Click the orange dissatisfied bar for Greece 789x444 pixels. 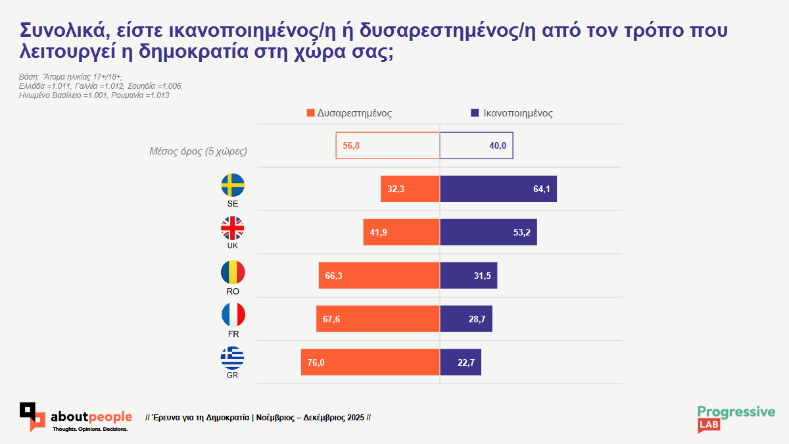tap(370, 362)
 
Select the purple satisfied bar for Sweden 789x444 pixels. tap(498, 189)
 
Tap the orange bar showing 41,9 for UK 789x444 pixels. tap(401, 232)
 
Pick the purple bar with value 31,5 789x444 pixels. tap(468, 276)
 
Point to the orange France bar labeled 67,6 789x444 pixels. tap(377, 319)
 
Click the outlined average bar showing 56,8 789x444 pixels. tap(387, 145)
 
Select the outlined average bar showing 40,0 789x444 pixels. tap(476, 145)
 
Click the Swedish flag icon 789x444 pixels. tap(233, 185)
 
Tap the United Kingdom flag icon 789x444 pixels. tap(233, 228)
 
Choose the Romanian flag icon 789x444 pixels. tap(233, 272)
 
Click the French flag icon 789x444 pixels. tap(233, 314)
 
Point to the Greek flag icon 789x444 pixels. tap(233, 358)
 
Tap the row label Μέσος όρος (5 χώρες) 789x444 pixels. tap(199, 151)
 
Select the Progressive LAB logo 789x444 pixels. tap(736, 418)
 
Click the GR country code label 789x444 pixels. tap(231, 376)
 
